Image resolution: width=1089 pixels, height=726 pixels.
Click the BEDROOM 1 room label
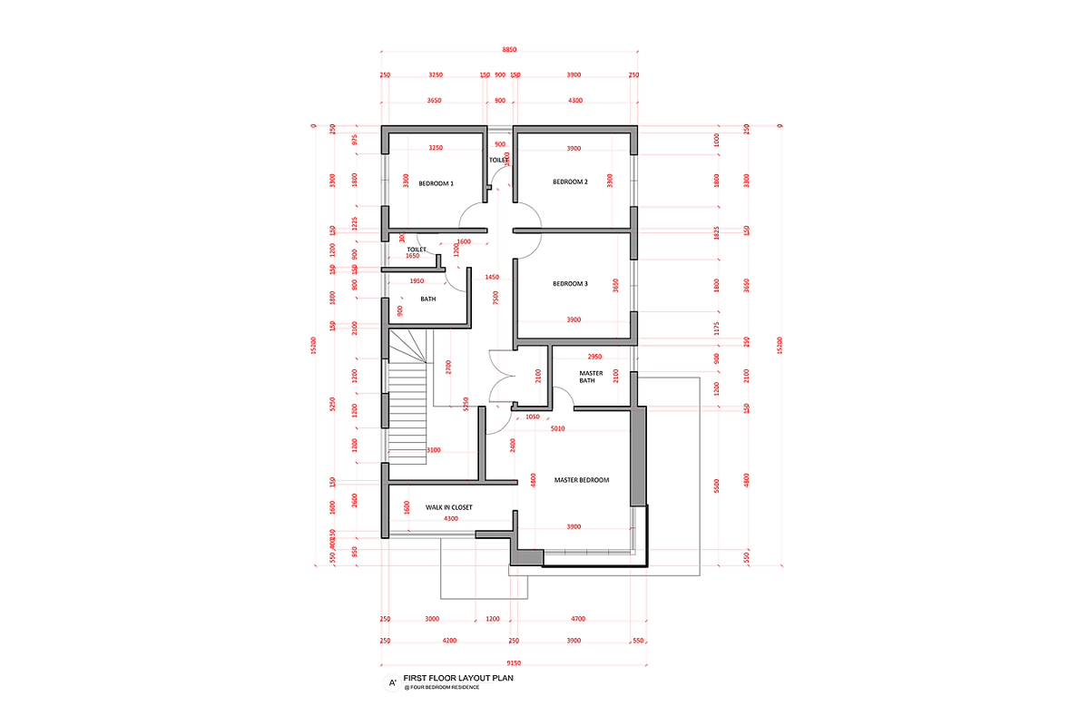436,183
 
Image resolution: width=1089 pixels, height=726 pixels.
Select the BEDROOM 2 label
570,181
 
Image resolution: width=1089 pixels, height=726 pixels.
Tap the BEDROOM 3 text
570,283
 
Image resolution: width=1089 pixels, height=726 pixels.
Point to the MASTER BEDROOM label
581,479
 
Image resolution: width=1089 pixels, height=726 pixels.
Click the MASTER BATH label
592,377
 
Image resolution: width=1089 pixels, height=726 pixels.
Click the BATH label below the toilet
428,298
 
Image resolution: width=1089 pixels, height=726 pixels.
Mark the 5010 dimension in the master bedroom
557,429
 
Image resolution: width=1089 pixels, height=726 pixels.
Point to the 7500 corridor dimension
495,299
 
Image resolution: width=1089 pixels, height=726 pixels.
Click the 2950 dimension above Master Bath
595,357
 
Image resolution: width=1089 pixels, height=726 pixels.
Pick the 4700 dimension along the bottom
578,619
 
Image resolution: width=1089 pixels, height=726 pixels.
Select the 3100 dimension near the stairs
433,450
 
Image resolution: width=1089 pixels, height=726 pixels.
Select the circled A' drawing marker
392,682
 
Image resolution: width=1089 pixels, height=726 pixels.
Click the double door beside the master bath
502,377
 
